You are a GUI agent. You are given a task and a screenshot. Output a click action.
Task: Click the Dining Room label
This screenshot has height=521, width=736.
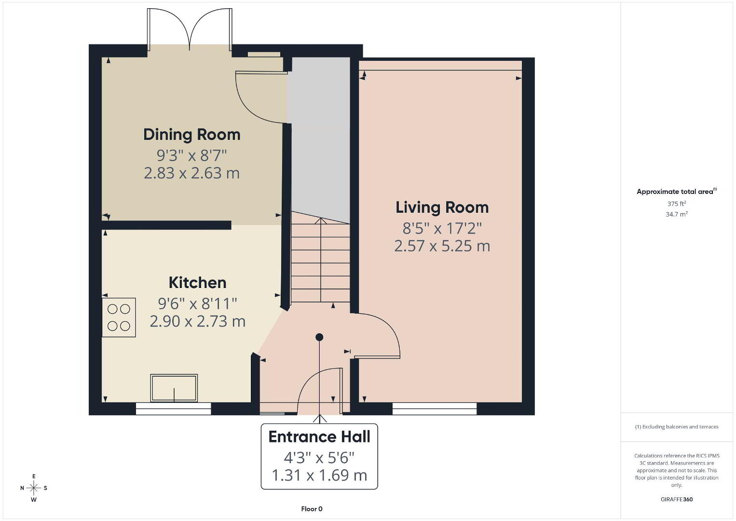click(x=192, y=135)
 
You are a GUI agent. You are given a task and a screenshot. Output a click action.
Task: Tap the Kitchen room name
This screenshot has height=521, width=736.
click(x=197, y=283)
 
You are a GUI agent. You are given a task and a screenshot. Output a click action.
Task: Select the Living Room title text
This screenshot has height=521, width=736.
click(x=442, y=208)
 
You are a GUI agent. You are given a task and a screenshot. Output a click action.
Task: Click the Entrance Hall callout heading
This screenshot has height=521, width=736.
click(x=319, y=437)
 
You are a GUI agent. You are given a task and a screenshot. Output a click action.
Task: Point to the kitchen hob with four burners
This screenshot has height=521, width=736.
click(x=119, y=317)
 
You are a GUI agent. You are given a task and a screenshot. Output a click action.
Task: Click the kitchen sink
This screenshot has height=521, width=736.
click(x=174, y=388)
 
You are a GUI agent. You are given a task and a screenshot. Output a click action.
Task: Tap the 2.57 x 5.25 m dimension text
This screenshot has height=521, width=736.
click(x=442, y=246)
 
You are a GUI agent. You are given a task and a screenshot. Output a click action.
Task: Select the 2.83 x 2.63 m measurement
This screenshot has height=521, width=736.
click(x=192, y=173)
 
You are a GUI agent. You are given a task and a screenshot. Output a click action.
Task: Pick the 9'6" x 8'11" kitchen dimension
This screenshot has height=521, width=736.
click(x=197, y=303)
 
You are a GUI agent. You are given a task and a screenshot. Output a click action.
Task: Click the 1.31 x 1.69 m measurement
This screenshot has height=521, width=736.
click(x=319, y=475)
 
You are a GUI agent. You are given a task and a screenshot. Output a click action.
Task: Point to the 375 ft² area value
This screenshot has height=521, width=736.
click(x=677, y=204)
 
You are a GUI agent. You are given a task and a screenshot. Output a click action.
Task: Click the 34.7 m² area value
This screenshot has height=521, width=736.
click(x=677, y=214)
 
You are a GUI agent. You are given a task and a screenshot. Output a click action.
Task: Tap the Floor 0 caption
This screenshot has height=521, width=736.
click(x=312, y=509)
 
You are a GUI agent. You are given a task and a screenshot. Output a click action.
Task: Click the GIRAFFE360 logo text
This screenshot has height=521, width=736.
click(x=677, y=499)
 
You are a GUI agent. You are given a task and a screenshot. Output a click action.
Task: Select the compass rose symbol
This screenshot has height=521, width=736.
click(x=34, y=488)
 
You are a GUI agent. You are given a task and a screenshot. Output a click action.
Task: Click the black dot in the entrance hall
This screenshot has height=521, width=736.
click(x=319, y=337)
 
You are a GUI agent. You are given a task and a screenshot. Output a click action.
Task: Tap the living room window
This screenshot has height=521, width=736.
click(x=435, y=409)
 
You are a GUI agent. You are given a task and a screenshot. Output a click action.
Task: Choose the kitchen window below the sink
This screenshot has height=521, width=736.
click(x=174, y=409)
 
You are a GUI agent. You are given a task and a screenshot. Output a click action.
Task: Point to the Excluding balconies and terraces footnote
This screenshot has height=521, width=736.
click(x=677, y=426)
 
